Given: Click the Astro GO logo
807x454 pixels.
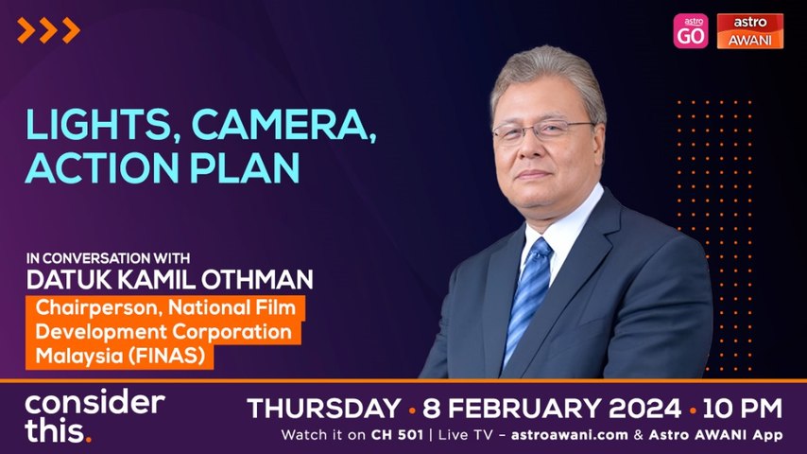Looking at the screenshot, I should click(690, 30).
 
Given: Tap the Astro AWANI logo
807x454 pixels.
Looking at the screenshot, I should click(749, 30).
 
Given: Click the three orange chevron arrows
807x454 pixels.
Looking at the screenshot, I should click(48, 30).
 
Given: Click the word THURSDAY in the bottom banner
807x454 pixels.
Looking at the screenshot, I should click(323, 409).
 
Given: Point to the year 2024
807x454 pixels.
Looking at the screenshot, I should click(635, 409).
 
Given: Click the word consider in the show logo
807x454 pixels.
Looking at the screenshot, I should click(94, 401).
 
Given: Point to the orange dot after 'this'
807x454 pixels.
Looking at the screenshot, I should click(89, 440).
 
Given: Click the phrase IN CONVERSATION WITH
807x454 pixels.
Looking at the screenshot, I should click(99, 256).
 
